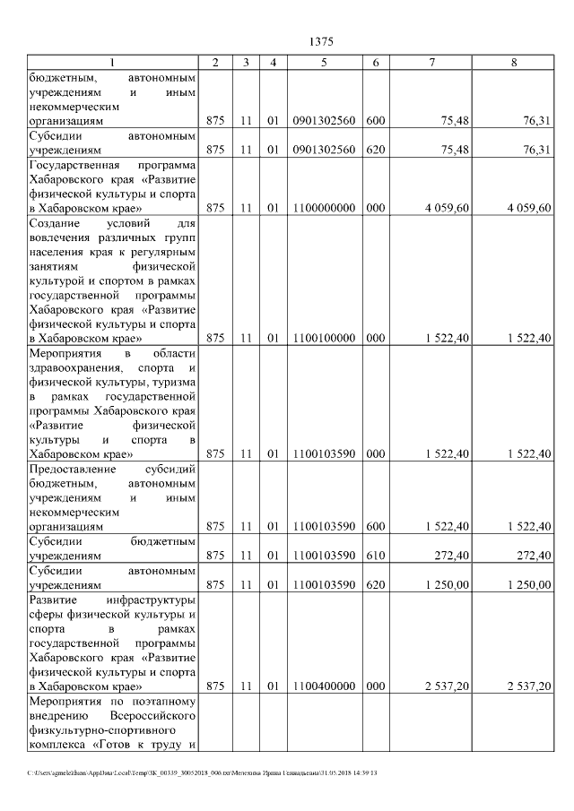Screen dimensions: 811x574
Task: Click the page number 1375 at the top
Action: [x=320, y=40]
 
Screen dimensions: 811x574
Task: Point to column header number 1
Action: [x=112, y=62]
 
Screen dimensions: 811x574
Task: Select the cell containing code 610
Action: [x=376, y=556]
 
